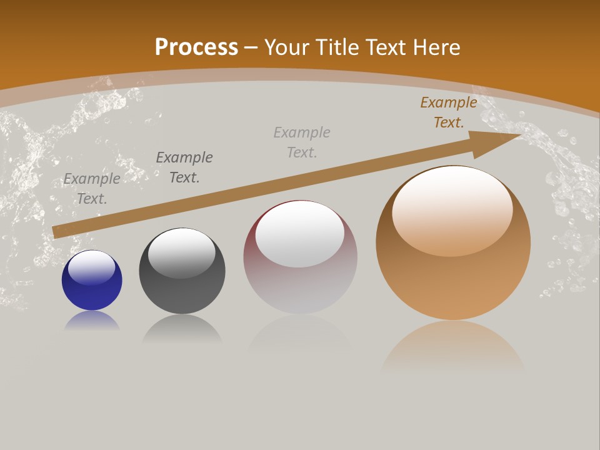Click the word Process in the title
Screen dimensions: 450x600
click(196, 47)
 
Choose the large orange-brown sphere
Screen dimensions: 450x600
click(453, 275)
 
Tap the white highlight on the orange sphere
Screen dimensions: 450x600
click(452, 209)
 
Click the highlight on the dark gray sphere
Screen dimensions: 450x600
click(182, 253)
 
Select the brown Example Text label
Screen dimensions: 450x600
click(449, 112)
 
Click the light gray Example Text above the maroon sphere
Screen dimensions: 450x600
click(302, 142)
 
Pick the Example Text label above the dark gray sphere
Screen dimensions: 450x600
click(184, 167)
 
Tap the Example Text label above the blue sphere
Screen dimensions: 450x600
click(92, 188)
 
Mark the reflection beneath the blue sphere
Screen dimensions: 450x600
click(92, 322)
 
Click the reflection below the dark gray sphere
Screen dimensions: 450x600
click(182, 329)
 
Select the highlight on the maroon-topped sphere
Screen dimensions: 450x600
click(300, 232)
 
